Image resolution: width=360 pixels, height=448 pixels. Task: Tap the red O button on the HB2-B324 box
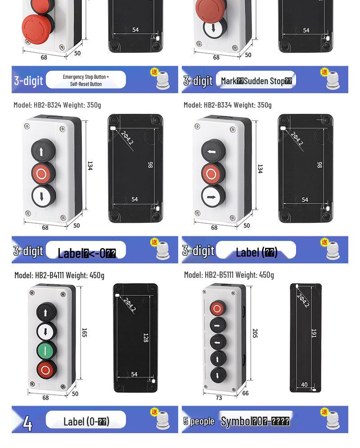[x=42, y=173]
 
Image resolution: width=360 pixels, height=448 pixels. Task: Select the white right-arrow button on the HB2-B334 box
[x=211, y=196]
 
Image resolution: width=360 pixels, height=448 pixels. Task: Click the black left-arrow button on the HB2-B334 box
[x=211, y=152]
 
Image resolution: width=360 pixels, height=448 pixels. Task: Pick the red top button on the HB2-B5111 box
[x=217, y=309]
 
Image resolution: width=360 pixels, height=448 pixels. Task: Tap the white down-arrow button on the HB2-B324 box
[x=42, y=196]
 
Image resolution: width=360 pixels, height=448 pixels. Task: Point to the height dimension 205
[x=255, y=333]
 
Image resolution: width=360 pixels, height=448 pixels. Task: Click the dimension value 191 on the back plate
[x=314, y=333]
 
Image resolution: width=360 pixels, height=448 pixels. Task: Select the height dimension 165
[x=84, y=332]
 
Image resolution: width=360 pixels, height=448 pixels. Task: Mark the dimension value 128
[x=145, y=338]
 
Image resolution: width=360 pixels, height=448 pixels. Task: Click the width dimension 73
[x=219, y=398]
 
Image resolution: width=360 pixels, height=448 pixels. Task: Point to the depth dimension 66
[x=245, y=393]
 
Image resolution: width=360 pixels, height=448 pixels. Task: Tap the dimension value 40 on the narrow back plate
[x=305, y=385]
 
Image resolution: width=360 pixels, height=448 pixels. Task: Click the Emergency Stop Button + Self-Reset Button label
[x=86, y=80]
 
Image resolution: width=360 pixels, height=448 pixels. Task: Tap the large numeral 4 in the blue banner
[x=27, y=422]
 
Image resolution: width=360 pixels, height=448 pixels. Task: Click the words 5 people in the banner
[x=199, y=421]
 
